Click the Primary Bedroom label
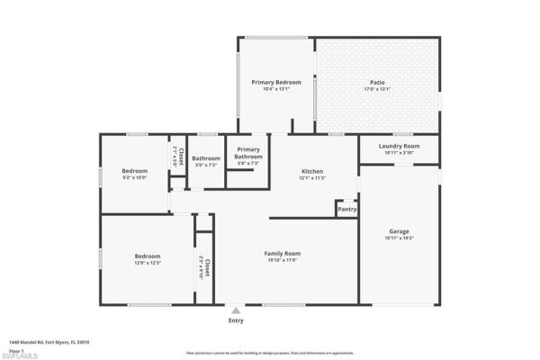(x=275, y=82)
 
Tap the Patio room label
(x=377, y=82)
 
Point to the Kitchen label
(x=312, y=171)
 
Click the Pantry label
(x=346, y=210)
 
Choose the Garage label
(x=399, y=230)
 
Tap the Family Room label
(x=282, y=253)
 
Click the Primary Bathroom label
(x=247, y=153)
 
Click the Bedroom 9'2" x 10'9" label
(x=134, y=170)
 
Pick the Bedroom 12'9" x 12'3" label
(x=148, y=256)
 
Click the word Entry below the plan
(x=236, y=320)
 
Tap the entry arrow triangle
(x=236, y=310)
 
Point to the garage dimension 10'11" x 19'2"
(x=399, y=238)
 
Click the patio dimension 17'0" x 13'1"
(x=377, y=89)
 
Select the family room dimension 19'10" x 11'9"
(x=282, y=260)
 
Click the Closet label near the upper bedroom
(x=180, y=153)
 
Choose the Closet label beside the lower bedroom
(x=206, y=266)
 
